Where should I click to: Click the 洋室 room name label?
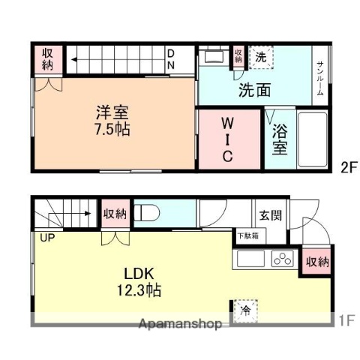[112, 113]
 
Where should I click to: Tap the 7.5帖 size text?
[112, 128]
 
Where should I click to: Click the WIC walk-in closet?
[229, 139]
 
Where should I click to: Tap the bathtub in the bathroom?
[311, 141]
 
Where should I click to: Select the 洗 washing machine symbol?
[259, 56]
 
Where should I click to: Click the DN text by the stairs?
[171, 58]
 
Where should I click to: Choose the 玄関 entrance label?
[271, 216]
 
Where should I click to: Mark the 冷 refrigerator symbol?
[244, 310]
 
